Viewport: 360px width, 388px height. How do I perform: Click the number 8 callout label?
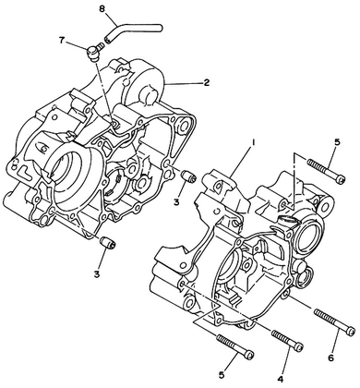(x=102, y=9)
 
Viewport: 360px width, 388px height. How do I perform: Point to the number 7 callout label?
(x=63, y=41)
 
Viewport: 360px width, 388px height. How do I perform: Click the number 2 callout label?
(x=206, y=82)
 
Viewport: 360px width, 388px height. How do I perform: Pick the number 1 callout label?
(x=254, y=142)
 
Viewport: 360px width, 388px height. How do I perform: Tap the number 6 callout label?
(x=330, y=358)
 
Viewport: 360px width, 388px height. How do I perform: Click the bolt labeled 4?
(x=287, y=339)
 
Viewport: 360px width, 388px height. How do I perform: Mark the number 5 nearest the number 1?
(x=338, y=142)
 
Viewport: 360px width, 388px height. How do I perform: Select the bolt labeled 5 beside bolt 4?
(x=234, y=346)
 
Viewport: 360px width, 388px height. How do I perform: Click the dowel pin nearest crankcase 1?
(x=187, y=176)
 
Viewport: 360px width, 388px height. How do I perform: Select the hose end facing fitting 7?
(x=107, y=40)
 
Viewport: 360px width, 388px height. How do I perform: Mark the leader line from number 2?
(x=184, y=83)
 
